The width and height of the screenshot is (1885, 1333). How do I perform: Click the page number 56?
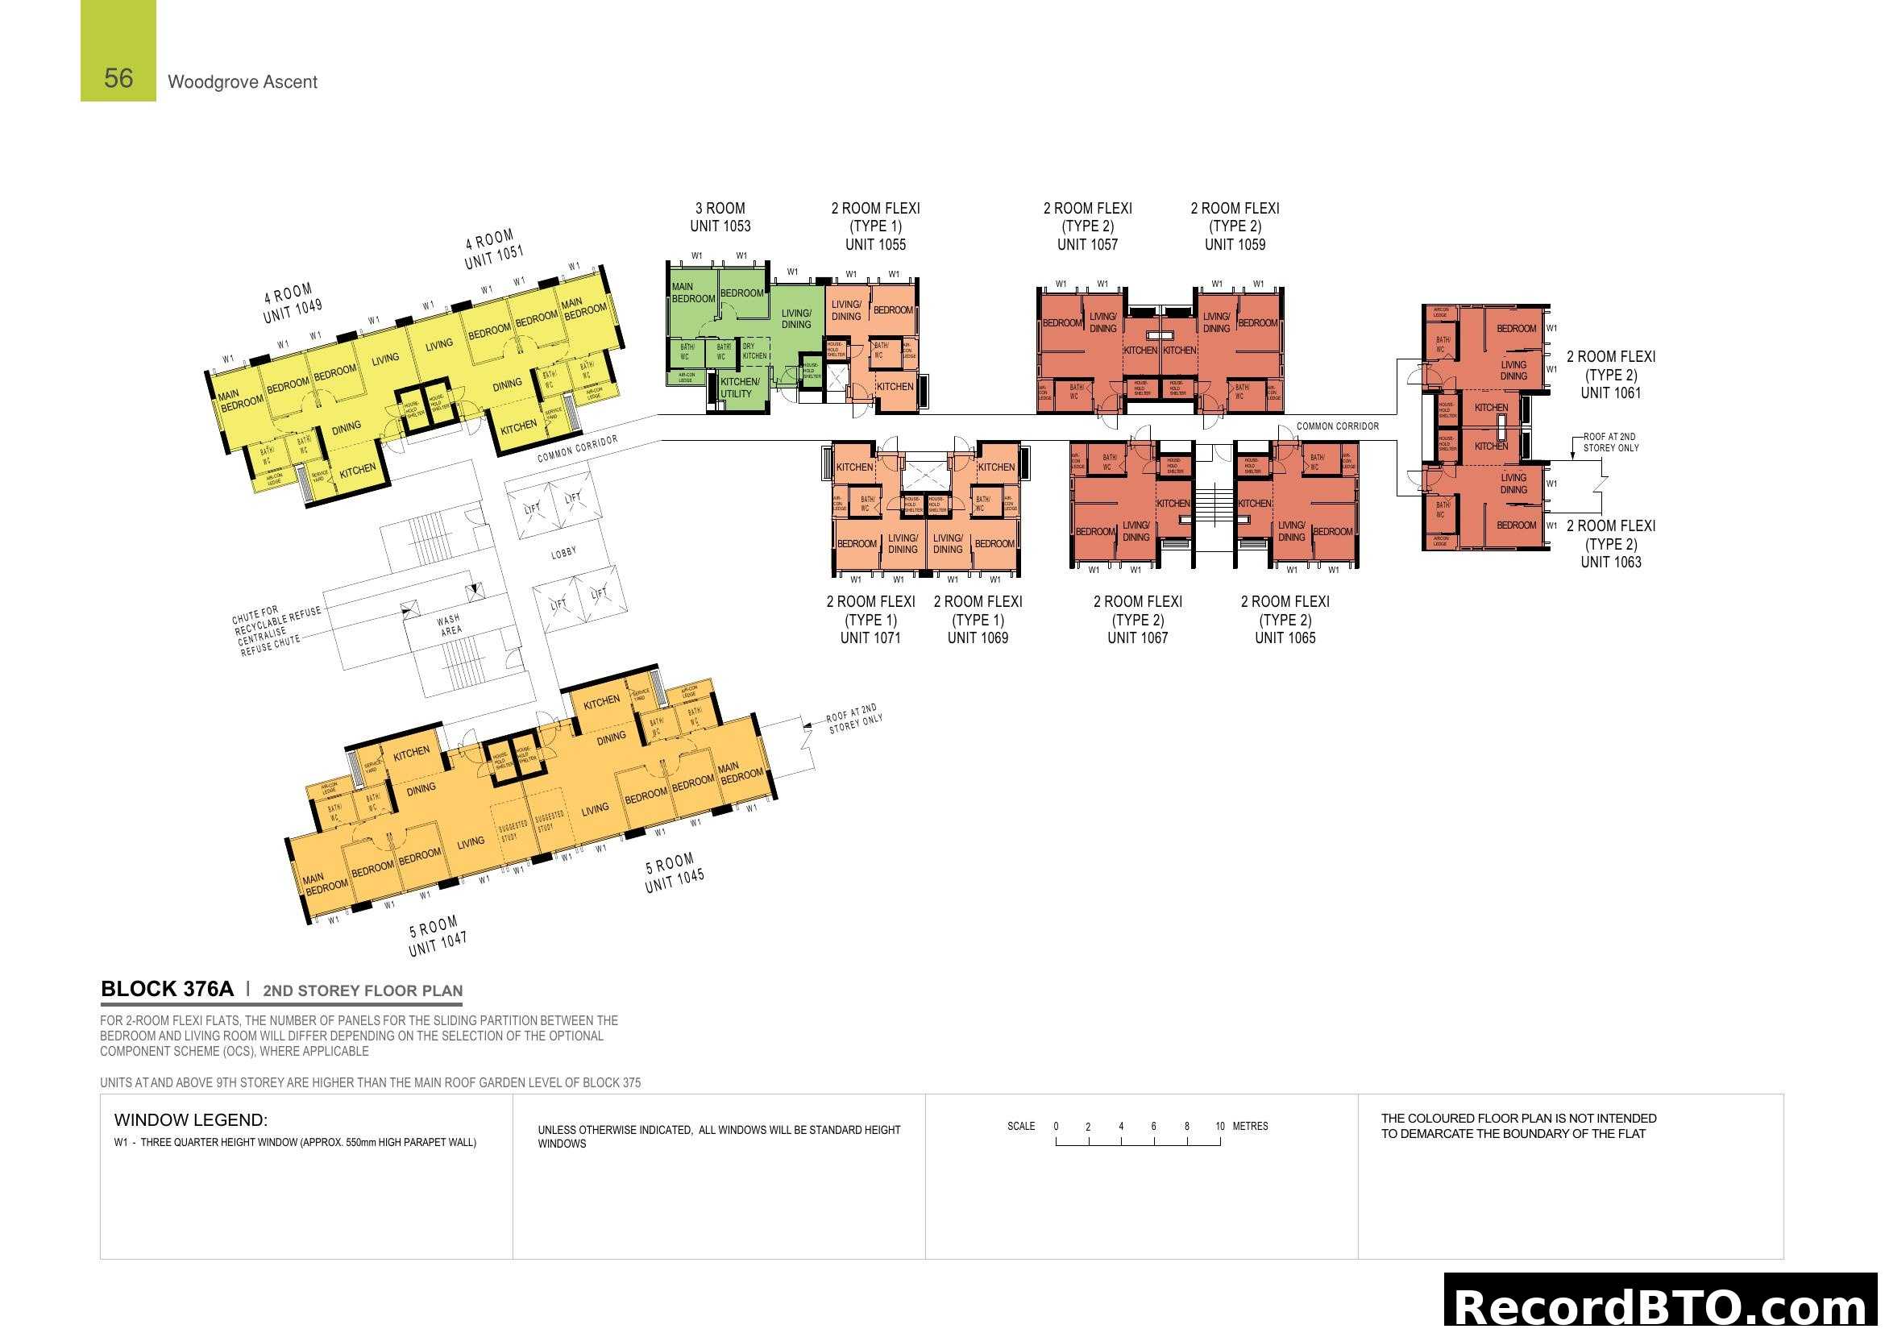coord(118,78)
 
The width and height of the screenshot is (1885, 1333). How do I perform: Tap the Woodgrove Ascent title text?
coord(243,82)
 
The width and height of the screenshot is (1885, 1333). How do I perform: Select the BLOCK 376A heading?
coord(167,989)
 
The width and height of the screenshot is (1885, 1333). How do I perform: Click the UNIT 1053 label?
coord(720,226)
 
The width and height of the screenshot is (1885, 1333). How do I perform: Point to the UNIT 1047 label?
coord(438,945)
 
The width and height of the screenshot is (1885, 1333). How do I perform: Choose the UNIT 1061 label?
coord(1611,393)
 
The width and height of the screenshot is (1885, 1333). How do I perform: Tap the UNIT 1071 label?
coord(870,637)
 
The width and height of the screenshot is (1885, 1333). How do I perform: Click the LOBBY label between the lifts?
coord(563,553)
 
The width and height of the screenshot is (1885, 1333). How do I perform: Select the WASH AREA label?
coord(449,625)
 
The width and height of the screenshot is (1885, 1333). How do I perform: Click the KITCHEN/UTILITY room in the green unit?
coord(739,388)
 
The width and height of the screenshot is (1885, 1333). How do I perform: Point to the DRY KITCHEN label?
coord(754,351)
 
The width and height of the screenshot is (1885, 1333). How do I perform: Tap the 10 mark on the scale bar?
coord(1220,1126)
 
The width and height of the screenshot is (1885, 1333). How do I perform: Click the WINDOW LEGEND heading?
coord(190,1119)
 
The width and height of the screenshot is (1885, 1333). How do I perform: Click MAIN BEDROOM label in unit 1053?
coord(692,293)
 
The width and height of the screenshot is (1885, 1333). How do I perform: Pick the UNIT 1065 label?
coord(1285,637)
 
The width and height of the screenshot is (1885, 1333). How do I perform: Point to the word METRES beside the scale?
coord(1251,1126)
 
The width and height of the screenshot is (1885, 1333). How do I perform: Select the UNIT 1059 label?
coord(1235,245)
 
